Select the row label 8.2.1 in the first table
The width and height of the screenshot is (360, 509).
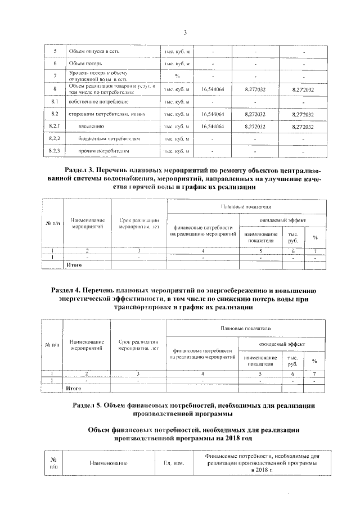pyautogui.click(x=55, y=127)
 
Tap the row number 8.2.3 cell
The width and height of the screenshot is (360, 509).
pyautogui.click(x=55, y=151)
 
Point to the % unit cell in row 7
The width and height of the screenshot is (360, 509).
pyautogui.click(x=177, y=76)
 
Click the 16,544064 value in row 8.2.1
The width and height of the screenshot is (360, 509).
pyautogui.click(x=213, y=127)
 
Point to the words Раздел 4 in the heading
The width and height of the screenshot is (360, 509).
pyautogui.click(x=67, y=290)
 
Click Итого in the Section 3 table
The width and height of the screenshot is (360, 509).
pyautogui.click(x=74, y=263)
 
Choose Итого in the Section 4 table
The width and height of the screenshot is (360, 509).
pyautogui.click(x=74, y=388)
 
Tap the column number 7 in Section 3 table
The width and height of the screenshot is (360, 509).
pyautogui.click(x=315, y=250)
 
